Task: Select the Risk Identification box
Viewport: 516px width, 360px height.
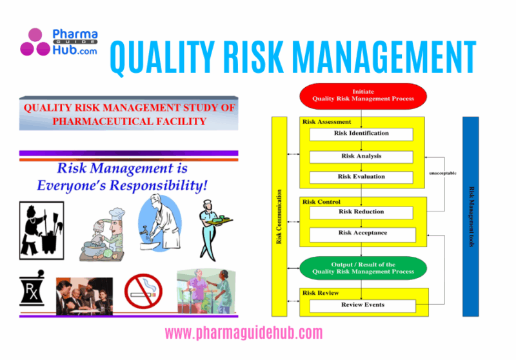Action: pos(361,134)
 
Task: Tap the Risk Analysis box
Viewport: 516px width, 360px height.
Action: pos(361,156)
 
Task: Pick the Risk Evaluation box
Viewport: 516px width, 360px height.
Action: pos(361,177)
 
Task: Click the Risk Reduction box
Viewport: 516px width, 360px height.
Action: pos(361,212)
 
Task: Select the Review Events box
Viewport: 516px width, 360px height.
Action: pos(362,305)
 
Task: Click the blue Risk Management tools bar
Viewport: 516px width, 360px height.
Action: pos(471,217)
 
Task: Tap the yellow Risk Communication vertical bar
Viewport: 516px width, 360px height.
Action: pos(279,217)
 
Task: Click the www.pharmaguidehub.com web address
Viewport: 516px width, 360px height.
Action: pos(244,333)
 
